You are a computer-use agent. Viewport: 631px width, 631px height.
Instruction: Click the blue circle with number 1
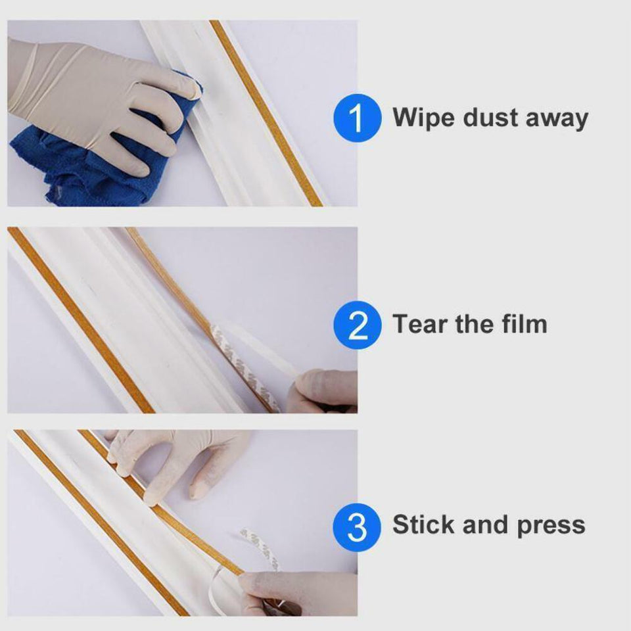coord(357,118)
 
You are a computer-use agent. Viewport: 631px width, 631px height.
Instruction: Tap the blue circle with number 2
coord(357,325)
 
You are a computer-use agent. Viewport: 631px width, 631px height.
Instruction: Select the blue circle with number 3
coord(357,526)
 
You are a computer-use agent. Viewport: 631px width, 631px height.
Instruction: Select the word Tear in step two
coord(420,324)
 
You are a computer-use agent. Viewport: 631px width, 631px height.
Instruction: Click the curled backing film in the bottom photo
coord(260,546)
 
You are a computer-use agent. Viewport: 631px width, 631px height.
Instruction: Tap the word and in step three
coord(487,525)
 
